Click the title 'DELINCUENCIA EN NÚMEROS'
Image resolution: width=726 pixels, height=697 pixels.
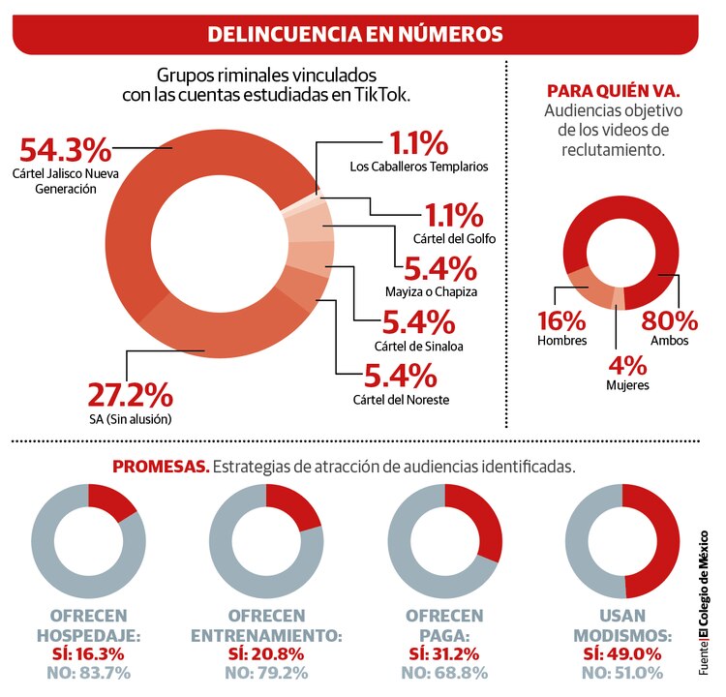pyautogui.click(x=355, y=34)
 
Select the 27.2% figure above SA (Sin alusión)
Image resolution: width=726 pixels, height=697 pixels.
pyautogui.click(x=131, y=395)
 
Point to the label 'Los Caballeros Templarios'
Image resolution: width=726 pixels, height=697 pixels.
pyautogui.click(x=418, y=167)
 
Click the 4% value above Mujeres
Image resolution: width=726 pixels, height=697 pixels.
pyautogui.click(x=620, y=366)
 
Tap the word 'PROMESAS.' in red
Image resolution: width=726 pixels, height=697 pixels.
pyautogui.click(x=161, y=466)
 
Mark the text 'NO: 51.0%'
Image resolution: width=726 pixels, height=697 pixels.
pyautogui.click(x=620, y=672)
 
